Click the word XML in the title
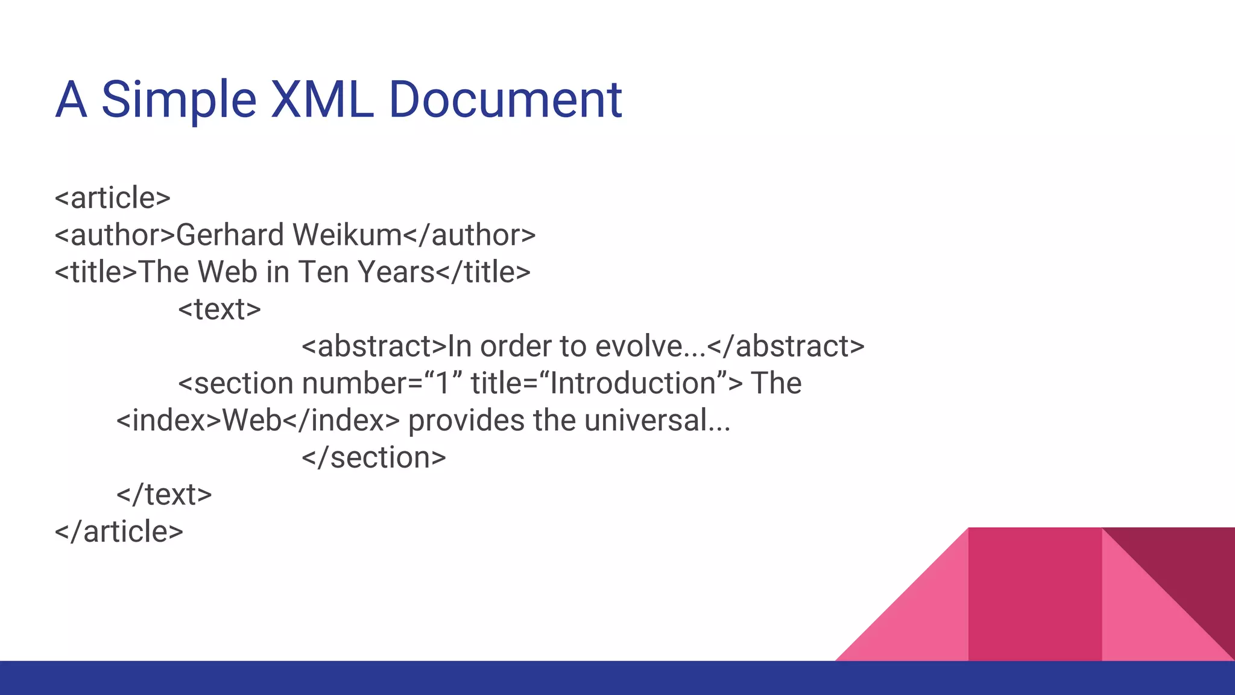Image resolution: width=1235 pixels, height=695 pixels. click(321, 100)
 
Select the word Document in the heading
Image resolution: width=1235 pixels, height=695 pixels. click(505, 100)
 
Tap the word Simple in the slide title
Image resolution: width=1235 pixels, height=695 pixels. click(178, 101)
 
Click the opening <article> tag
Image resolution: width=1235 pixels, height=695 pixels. click(113, 198)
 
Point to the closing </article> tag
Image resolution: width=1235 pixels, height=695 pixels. click(119, 532)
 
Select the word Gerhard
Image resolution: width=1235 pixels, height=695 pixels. click(230, 235)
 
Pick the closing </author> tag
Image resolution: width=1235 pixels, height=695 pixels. click(469, 235)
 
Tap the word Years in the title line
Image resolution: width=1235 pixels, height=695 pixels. click(396, 272)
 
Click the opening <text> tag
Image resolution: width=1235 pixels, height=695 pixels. click(220, 309)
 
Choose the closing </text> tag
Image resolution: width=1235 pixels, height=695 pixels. click(164, 495)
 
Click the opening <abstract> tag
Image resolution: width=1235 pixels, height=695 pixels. click(374, 346)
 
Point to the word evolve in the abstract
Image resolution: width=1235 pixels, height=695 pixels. click(639, 346)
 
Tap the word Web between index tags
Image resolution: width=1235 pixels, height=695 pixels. click(252, 420)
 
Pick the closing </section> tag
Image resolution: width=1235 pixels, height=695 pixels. click(374, 457)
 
